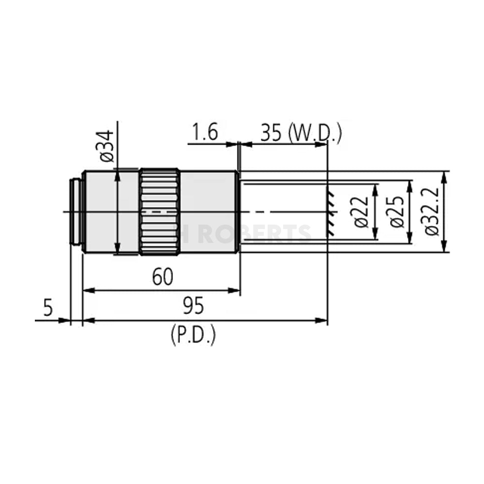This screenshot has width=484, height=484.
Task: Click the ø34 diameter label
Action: pos(107,146)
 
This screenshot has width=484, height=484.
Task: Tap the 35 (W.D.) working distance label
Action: pos(301,133)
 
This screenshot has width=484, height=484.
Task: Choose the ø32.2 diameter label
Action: pos(432,212)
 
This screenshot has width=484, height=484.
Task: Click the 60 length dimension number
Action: pos(162,277)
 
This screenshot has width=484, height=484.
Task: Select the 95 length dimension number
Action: pos(193,306)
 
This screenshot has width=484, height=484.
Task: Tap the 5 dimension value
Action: pos(47,308)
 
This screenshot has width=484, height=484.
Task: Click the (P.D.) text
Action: pos(193,335)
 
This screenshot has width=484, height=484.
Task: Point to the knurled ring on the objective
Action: pos(160,212)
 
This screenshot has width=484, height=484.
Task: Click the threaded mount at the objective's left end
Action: pos(76,212)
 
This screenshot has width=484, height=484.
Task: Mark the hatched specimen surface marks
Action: pos(331,212)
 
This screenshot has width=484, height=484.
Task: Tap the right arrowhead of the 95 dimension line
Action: pos(322,320)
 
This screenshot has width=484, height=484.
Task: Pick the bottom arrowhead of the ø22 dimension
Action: pos(375,236)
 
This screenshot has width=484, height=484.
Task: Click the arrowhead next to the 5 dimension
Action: pos(65,320)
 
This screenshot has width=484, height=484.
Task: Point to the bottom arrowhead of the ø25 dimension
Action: pos(410,240)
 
